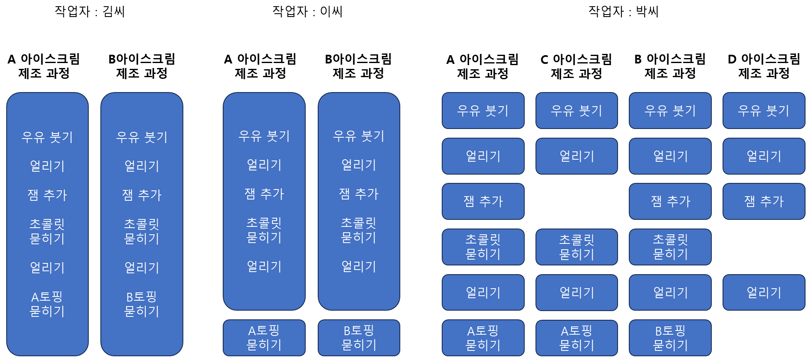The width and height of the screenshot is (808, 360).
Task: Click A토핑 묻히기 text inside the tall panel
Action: [47, 304]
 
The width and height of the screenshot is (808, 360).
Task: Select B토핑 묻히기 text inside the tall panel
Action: [142, 304]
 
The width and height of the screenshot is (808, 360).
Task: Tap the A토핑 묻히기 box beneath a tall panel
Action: [264, 338]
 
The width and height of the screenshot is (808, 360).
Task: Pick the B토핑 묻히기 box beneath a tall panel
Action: [359, 338]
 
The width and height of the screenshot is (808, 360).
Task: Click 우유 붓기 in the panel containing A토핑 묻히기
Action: [47, 137]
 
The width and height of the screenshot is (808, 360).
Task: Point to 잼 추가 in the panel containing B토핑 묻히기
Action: [142, 195]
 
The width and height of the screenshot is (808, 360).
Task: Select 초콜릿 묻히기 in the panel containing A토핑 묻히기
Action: [47, 231]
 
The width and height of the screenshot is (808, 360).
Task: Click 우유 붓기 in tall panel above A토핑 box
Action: [264, 136]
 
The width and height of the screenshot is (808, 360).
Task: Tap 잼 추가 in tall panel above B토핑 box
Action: [359, 194]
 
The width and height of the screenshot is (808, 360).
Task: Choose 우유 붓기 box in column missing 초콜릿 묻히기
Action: [764, 110]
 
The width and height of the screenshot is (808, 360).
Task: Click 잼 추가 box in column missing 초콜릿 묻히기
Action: [764, 201]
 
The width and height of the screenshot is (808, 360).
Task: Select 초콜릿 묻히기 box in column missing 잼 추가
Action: [577, 247]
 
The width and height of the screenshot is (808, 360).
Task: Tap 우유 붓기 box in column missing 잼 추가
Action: [577, 110]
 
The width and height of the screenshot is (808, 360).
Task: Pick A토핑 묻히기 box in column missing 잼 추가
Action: [577, 338]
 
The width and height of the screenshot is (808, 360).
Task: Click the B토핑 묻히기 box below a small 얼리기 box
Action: [670, 338]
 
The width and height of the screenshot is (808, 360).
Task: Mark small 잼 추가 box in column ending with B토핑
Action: [670, 201]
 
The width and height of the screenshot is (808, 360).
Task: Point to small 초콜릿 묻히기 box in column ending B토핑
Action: [670, 247]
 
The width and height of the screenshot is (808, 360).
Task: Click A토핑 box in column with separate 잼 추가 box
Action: [483, 338]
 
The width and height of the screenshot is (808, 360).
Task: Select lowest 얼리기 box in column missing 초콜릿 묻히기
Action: [764, 292]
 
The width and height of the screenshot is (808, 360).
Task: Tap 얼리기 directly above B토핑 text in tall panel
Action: [142, 268]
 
